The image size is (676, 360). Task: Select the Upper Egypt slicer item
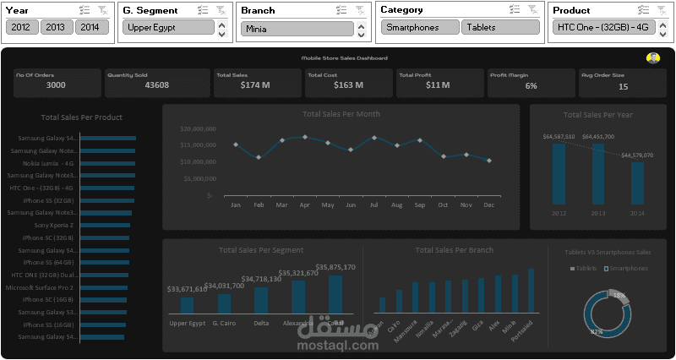tap(168, 27)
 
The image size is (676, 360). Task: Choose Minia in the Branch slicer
tap(296, 29)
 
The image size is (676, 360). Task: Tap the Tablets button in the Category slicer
tap(497, 27)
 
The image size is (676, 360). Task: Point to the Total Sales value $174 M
tap(254, 85)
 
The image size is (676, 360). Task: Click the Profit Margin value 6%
tap(531, 86)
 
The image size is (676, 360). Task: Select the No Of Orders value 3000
tap(56, 85)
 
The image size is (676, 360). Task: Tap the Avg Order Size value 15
tap(623, 86)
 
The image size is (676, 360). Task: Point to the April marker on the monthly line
tap(305, 137)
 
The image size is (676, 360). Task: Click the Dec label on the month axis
tap(488, 205)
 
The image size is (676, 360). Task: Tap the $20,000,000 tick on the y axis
tap(199, 129)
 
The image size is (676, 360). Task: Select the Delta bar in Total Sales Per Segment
tap(261, 301)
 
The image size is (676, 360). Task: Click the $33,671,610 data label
tap(187, 289)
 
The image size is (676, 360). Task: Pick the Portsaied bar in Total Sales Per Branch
tap(532, 291)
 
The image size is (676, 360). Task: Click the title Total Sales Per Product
tap(82, 117)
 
